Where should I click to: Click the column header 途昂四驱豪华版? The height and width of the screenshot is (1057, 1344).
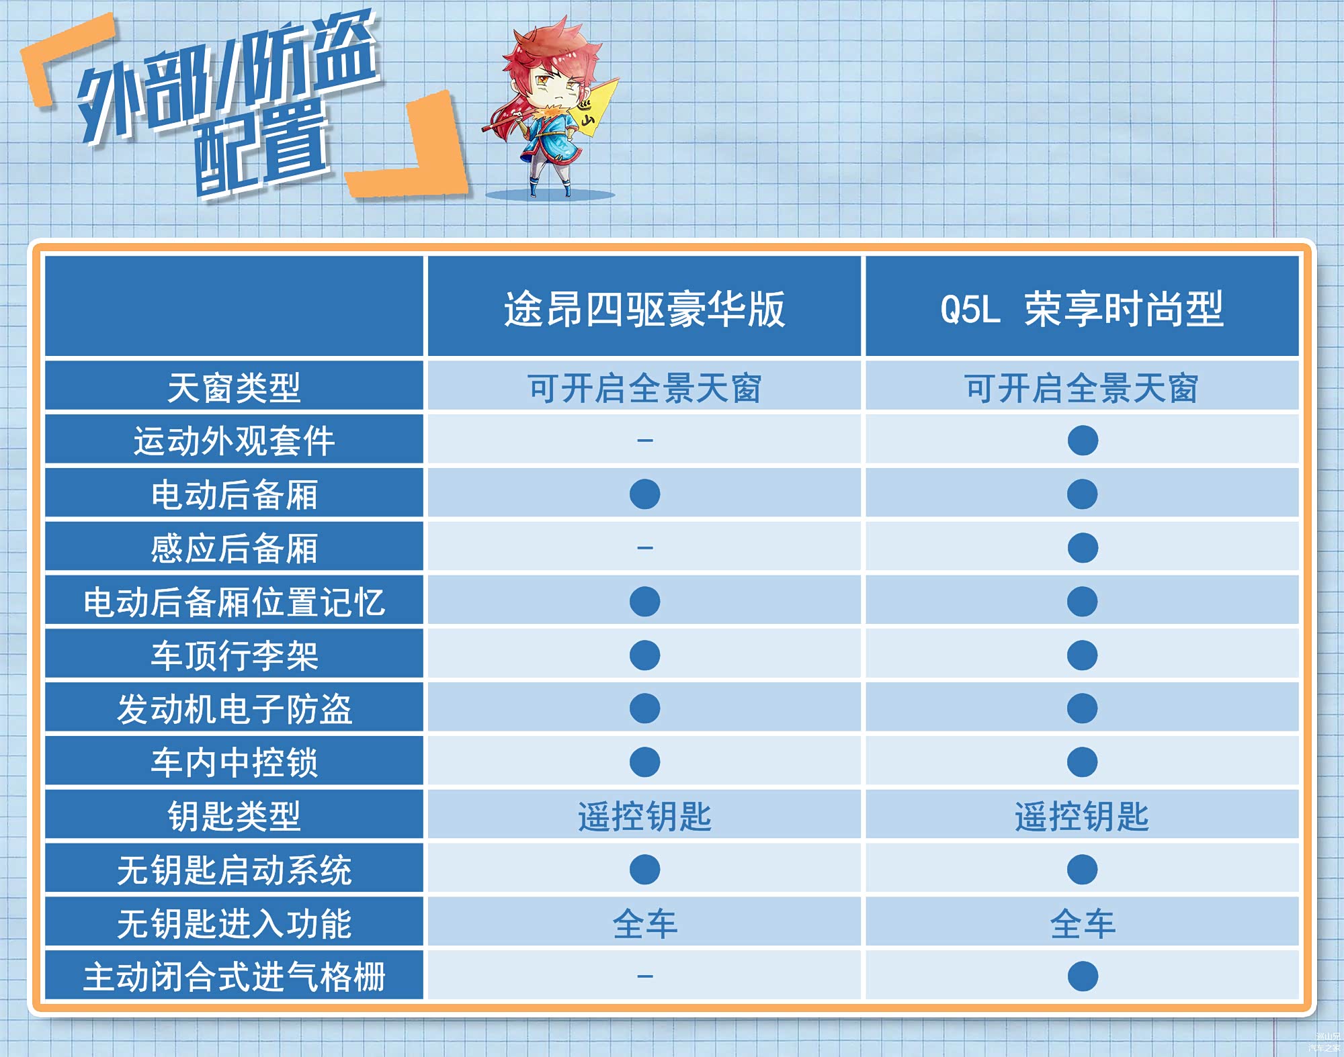click(644, 310)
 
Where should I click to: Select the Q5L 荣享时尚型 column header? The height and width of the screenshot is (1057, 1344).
click(1082, 310)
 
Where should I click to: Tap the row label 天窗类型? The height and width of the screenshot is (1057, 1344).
click(234, 388)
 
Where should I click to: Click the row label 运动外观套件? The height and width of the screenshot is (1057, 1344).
click(234, 441)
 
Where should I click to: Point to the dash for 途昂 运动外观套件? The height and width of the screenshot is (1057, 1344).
click(645, 441)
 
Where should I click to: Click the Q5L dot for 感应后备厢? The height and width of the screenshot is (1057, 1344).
click(1083, 548)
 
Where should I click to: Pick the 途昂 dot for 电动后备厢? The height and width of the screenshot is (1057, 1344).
click(645, 494)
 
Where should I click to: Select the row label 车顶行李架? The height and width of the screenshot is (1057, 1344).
click(234, 655)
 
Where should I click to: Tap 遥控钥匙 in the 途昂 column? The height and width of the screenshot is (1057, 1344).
click(645, 817)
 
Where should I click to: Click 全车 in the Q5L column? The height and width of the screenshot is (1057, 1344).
click(1083, 923)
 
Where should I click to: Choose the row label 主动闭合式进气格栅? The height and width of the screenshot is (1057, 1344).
click(234, 976)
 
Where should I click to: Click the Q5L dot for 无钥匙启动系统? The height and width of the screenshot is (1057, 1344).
click(1083, 870)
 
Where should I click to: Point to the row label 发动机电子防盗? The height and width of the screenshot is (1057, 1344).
click(234, 709)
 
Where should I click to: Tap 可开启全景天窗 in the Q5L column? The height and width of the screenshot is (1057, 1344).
click(1082, 388)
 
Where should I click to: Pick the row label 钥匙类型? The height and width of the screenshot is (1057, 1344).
click(234, 817)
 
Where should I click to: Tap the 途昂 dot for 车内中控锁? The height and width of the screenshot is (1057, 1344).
click(645, 762)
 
